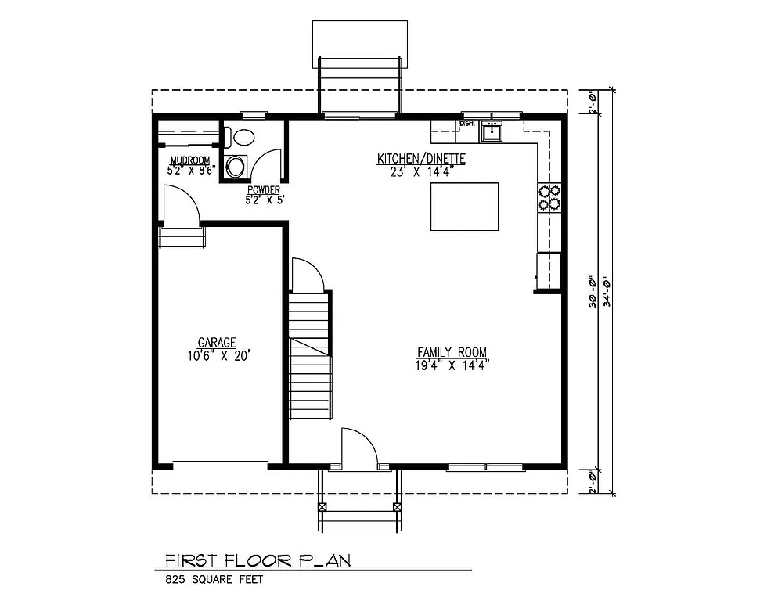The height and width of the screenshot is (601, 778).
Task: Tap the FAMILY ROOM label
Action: (x=452, y=351)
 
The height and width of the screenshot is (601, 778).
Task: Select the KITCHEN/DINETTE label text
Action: (x=421, y=159)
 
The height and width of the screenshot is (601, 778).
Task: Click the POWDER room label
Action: (x=264, y=189)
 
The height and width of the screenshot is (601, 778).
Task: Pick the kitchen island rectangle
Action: (x=464, y=207)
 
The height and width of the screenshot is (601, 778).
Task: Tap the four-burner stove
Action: (x=549, y=197)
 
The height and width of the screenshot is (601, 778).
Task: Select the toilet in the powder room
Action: (x=243, y=138)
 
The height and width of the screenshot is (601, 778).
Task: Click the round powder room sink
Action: (x=235, y=166)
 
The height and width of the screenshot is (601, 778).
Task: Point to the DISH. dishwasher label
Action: (x=467, y=124)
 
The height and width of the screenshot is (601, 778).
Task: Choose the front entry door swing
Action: (x=359, y=448)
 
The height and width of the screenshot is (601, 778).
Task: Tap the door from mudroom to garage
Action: (x=181, y=204)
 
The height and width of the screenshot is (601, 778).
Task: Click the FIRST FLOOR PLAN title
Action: (x=257, y=560)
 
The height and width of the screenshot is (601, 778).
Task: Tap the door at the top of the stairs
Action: (x=306, y=273)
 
